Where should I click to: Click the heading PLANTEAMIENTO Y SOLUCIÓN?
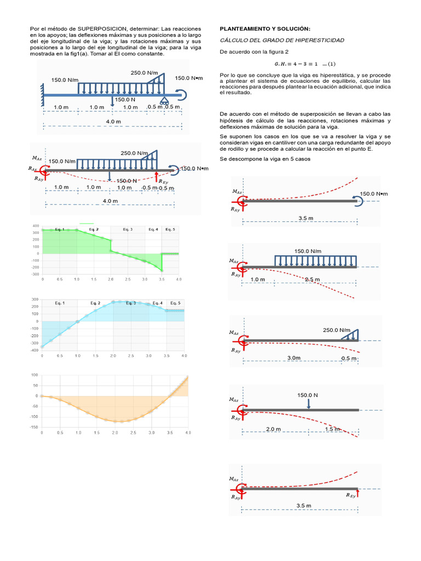[264, 28]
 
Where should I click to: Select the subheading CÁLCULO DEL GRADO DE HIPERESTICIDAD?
[282, 41]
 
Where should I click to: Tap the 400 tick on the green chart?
[36, 226]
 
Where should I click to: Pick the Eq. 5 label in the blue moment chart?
[175, 303]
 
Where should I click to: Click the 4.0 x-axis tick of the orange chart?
[187, 433]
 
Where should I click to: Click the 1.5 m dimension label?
[333, 429]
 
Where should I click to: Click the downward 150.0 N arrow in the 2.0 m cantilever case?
[309, 403]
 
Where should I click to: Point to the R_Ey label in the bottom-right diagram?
[350, 495]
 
